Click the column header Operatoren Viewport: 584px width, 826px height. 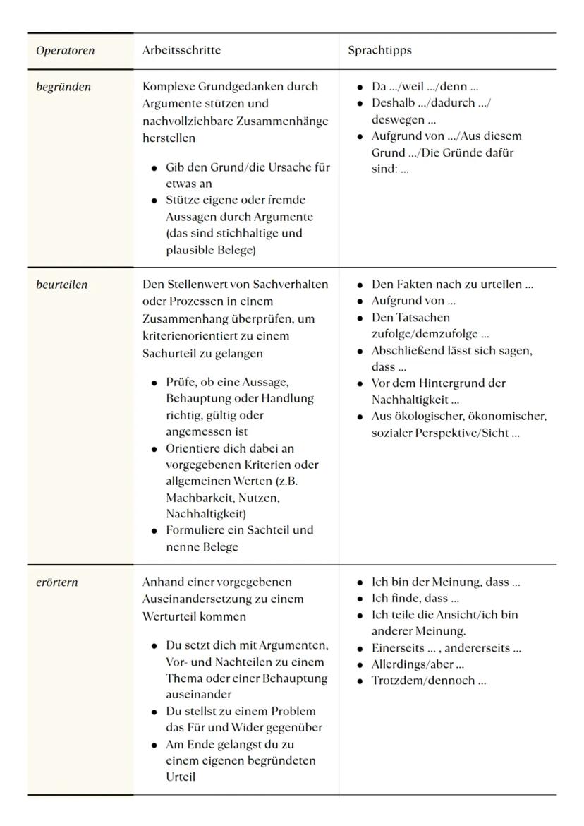(x=65, y=51)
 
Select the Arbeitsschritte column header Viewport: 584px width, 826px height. (x=181, y=51)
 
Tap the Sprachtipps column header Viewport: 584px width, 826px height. (x=379, y=51)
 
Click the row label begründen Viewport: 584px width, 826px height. (x=63, y=87)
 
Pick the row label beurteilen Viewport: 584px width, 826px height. (x=62, y=285)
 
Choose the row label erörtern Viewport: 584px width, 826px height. (x=57, y=582)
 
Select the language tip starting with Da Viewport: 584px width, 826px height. (x=425, y=87)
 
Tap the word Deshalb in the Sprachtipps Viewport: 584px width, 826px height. (x=392, y=103)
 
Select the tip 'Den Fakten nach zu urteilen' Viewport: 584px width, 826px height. (x=452, y=285)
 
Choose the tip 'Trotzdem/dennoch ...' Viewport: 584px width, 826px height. (x=428, y=681)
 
